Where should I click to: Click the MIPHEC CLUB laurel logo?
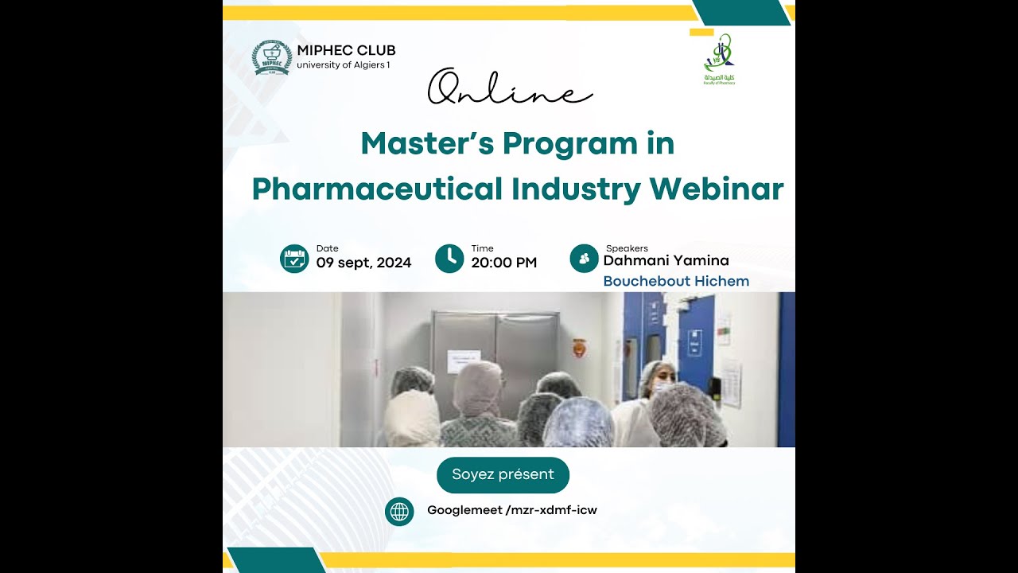point(272,57)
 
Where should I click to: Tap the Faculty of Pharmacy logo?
point(719,59)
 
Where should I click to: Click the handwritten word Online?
point(510,88)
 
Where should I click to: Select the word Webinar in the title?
point(717,189)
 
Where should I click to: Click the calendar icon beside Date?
point(294,259)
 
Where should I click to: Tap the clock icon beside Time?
point(449,259)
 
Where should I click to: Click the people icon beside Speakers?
point(585,259)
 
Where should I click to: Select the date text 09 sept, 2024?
point(363,263)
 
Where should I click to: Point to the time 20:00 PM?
point(503,263)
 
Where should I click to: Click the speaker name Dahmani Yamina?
point(666,260)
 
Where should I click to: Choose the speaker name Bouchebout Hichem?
point(676,281)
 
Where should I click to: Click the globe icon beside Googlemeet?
point(399,511)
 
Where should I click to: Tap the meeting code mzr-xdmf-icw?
point(551,510)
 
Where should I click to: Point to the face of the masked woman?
point(661,379)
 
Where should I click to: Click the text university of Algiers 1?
point(344,65)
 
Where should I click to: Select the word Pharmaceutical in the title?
point(377,189)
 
